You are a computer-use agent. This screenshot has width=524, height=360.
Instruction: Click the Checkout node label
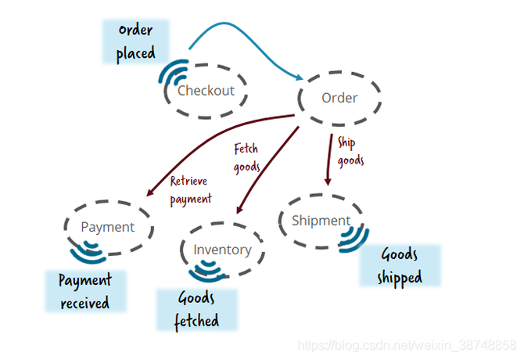206,90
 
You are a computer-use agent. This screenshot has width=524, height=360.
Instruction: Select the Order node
339,98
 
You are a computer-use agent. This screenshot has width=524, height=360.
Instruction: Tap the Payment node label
108,227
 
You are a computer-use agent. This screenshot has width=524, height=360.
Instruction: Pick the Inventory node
222,250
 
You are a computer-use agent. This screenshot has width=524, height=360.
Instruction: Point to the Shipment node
321,221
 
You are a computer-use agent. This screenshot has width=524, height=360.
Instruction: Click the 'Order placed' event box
136,42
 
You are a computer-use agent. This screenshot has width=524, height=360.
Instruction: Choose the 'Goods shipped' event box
400,265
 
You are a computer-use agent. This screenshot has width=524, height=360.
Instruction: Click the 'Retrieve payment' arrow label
190,190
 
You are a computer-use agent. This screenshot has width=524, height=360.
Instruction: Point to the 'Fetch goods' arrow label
246,156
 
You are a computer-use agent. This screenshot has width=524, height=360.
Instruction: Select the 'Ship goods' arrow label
350,151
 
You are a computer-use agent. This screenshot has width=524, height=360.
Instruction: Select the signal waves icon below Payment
88,252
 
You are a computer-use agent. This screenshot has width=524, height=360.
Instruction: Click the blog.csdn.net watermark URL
407,344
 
